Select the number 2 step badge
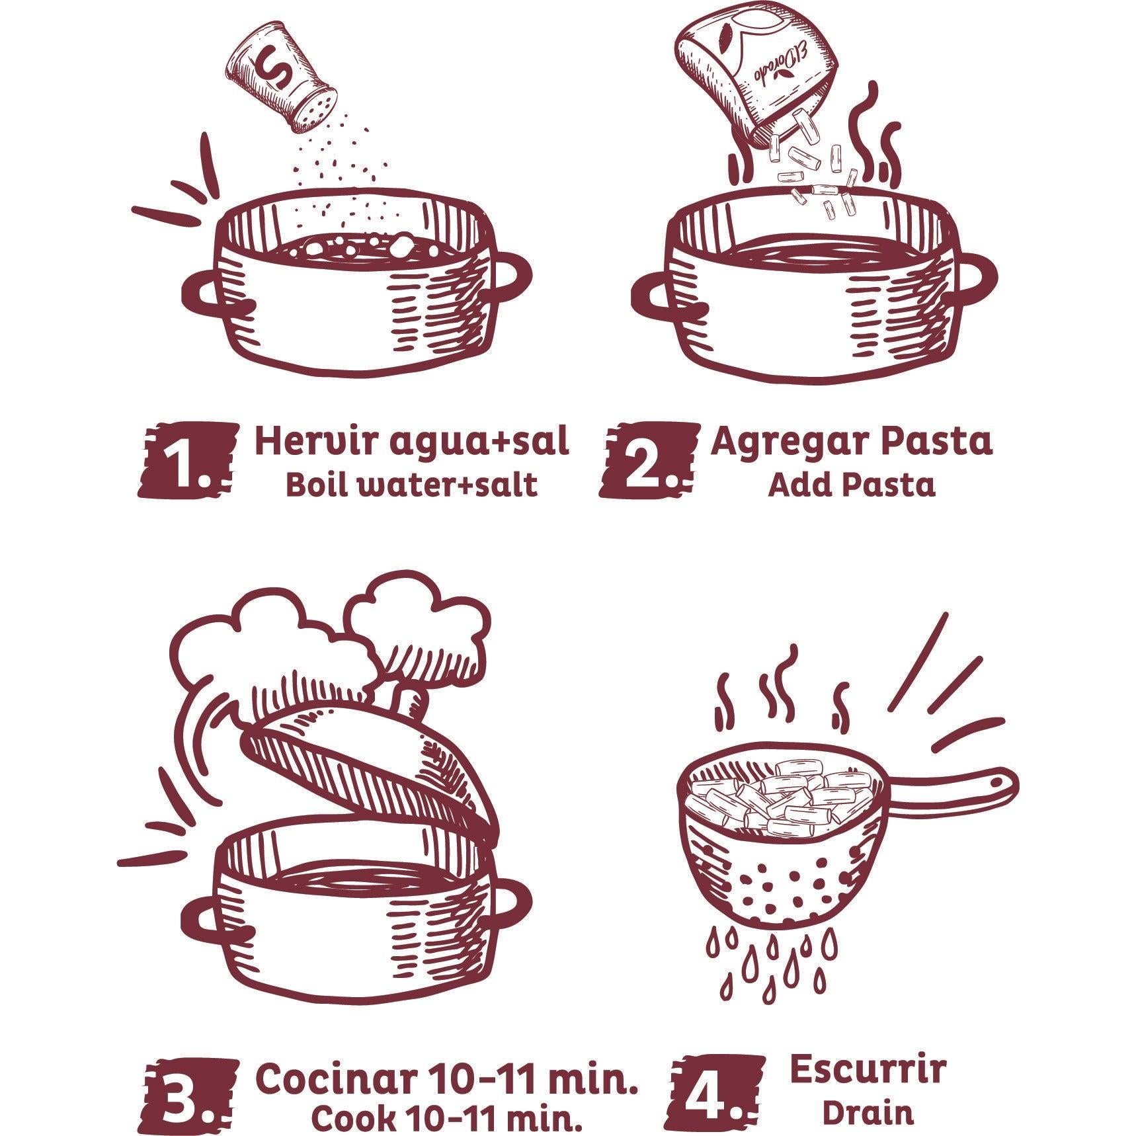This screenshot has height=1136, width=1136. tap(649, 460)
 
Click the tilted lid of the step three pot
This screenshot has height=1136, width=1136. tap(370, 774)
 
